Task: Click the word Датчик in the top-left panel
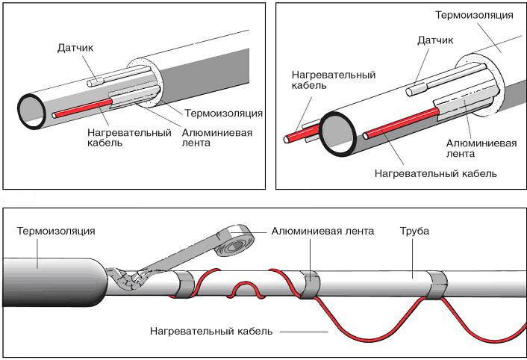(76, 49)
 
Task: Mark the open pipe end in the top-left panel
(31, 109)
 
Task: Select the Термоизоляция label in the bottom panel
(56, 232)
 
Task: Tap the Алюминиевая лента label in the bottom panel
(322, 232)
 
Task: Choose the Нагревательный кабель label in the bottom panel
(211, 329)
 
